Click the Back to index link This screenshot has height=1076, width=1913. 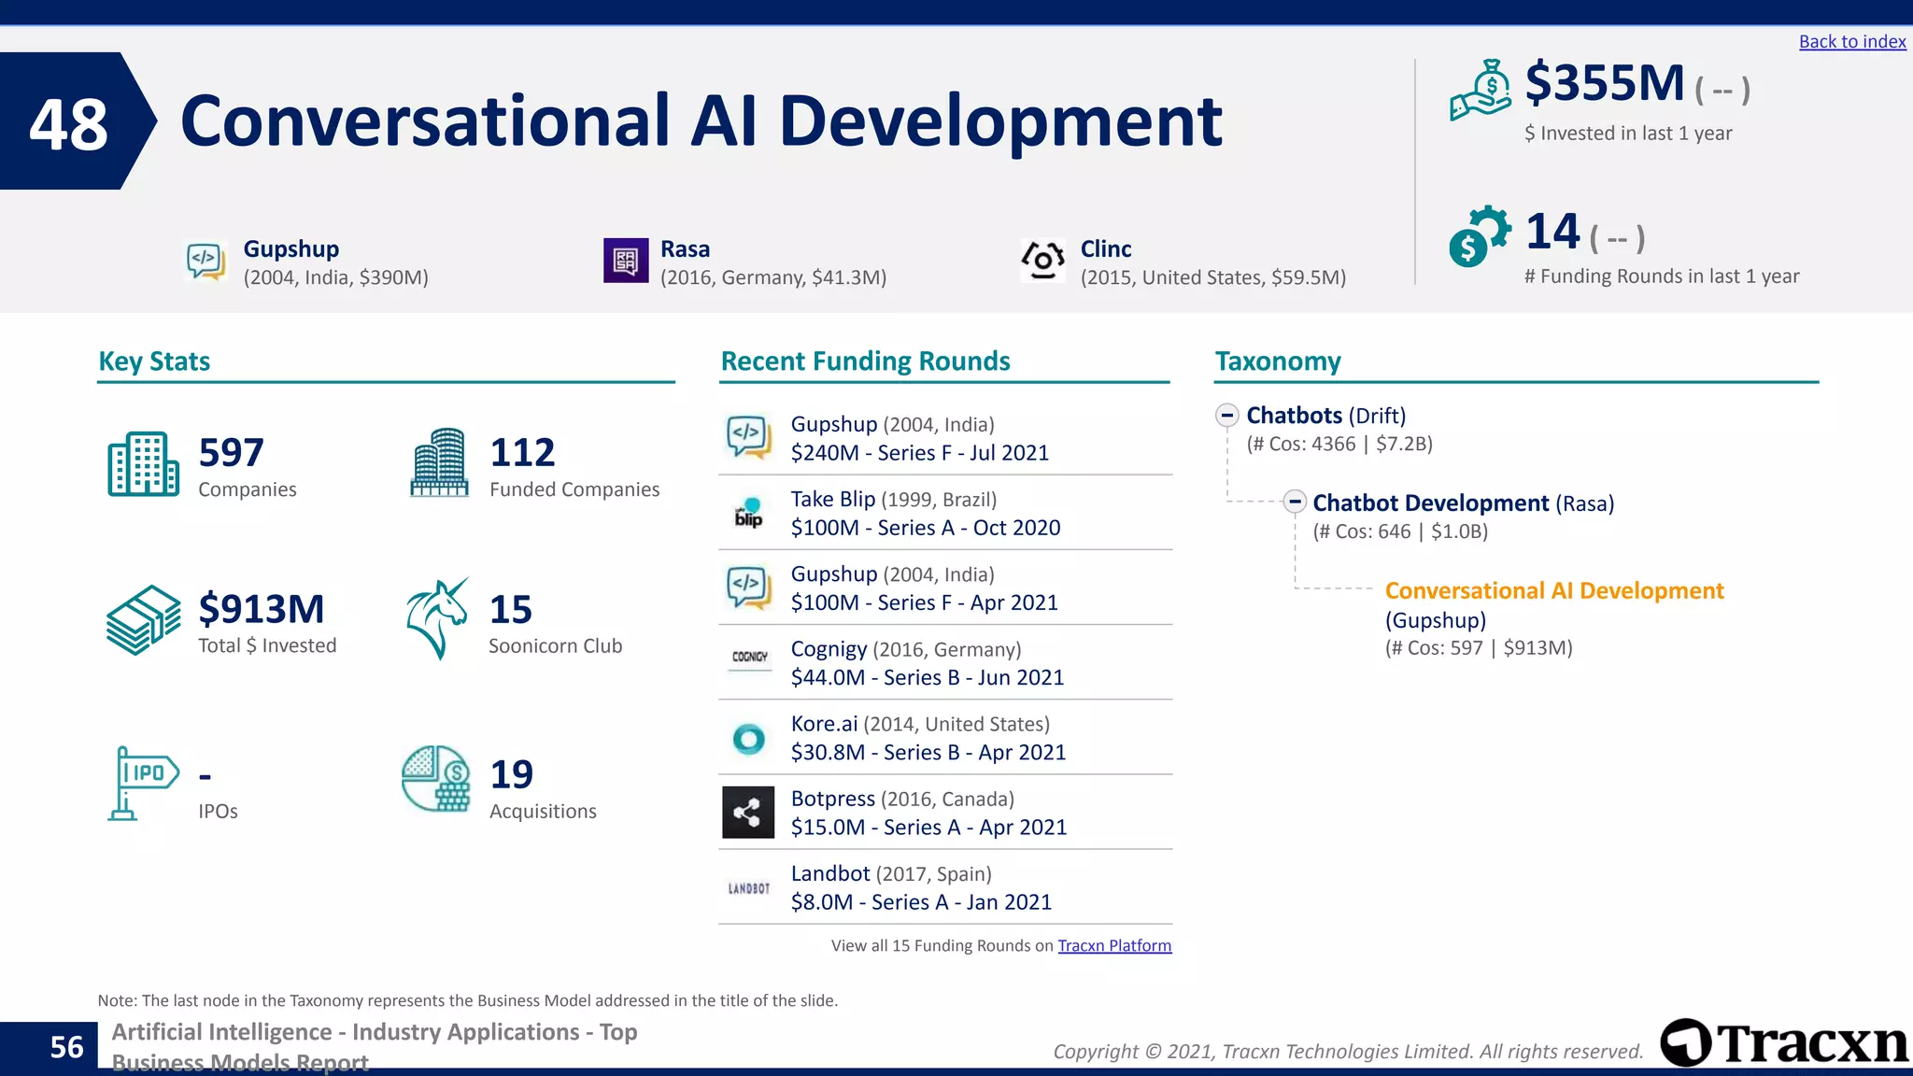1851,42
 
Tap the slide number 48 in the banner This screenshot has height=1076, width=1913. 68,124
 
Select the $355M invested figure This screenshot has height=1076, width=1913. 1604,83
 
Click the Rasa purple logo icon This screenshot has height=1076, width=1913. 625,261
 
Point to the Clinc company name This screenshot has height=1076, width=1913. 1105,249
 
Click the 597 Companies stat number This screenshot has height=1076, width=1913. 231,453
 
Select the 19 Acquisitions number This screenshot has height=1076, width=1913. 511,774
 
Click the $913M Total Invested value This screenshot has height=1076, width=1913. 261,609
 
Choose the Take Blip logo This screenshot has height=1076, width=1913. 748,513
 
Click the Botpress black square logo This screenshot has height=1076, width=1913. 748,813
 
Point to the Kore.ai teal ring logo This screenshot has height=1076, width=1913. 748,739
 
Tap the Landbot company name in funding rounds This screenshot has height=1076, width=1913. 829,873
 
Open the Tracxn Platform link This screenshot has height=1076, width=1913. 1113,946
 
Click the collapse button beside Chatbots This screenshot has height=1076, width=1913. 1227,415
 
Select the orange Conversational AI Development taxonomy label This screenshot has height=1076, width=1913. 1553,591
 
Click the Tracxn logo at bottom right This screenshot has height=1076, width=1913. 1782,1042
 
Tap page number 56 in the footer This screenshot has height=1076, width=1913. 66,1047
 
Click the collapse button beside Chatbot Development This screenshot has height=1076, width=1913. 1294,503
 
